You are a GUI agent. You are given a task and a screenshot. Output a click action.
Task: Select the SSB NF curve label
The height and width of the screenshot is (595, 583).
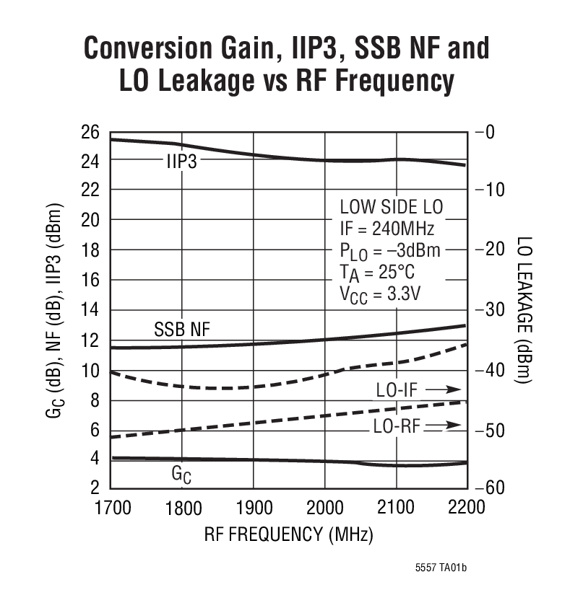[x=181, y=330]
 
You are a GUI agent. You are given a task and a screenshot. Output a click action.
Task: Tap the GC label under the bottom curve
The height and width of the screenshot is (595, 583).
[x=181, y=475]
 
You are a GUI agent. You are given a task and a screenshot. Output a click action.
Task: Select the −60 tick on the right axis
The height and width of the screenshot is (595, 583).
[x=497, y=488]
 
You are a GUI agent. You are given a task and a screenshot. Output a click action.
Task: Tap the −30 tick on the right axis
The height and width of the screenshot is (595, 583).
[x=497, y=310]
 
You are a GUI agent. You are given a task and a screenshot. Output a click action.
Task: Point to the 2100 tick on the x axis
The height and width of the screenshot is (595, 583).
[x=396, y=507]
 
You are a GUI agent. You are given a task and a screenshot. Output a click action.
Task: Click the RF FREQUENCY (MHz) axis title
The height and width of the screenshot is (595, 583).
[x=288, y=535]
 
